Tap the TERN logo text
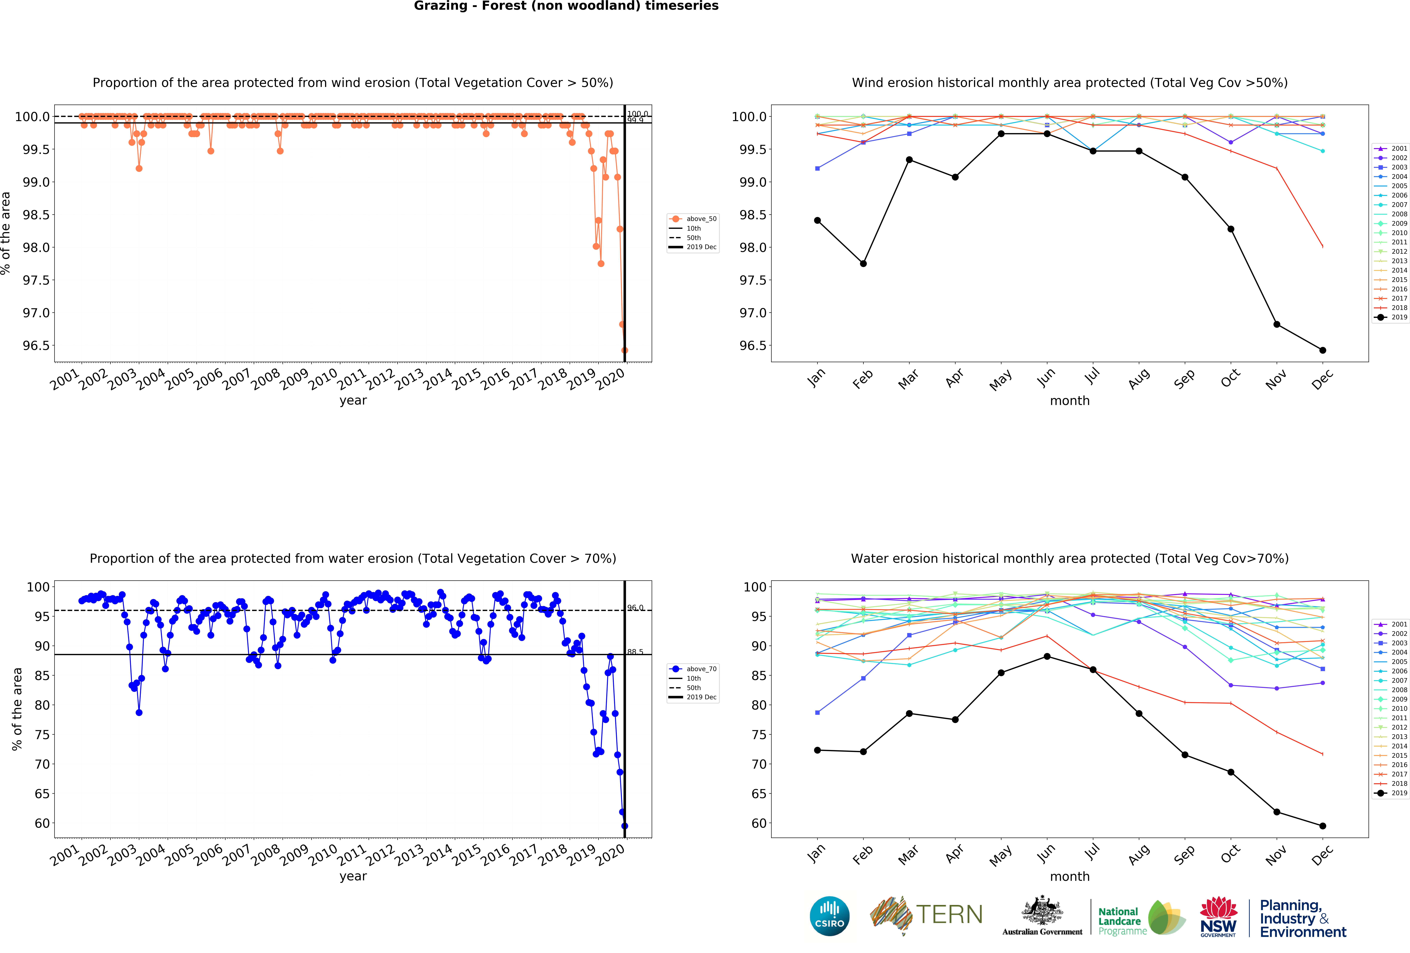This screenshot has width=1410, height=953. pyautogui.click(x=949, y=914)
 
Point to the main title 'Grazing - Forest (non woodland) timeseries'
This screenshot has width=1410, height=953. pyautogui.click(x=566, y=6)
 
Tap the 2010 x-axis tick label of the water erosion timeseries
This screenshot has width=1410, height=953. pyautogui.click(x=323, y=854)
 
